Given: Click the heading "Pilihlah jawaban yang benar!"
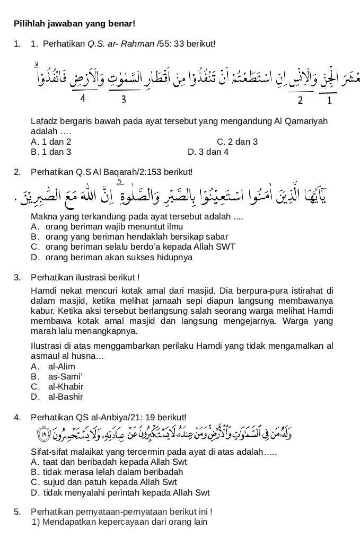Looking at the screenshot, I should coord(74,24).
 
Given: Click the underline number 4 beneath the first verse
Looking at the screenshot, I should coord(83,98).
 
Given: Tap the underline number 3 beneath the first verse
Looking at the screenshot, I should coord(123,99).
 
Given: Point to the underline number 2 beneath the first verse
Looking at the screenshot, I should coord(300,100).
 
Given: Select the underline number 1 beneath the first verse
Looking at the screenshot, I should coord(329,100).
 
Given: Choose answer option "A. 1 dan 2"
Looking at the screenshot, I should coord(51,142).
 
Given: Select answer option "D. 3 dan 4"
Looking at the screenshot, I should coord(208,152).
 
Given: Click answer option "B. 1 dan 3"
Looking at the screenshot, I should coord(51,152).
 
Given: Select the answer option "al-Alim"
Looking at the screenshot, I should coord(62,366).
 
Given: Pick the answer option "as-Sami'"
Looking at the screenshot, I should coord(63,376).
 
